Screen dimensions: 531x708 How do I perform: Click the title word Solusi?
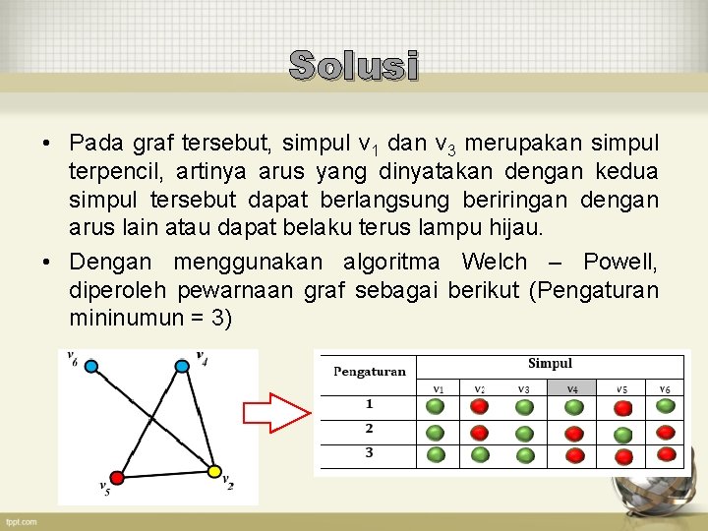354,66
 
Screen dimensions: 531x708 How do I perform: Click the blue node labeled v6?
91,367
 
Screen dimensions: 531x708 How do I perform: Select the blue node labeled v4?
182,367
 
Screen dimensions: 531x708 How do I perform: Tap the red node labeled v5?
117,477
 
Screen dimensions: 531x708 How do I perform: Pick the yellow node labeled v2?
215,472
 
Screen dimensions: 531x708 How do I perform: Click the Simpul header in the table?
550,364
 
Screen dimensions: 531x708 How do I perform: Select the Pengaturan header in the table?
369,372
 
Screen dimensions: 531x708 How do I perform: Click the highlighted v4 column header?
572,388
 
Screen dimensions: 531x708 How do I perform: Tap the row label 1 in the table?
369,404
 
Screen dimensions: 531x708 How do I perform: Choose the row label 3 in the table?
369,453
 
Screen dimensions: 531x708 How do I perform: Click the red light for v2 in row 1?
480,406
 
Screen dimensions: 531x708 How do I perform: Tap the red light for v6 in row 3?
667,454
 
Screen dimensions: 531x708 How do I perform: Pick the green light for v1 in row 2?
436,431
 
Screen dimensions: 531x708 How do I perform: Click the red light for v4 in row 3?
572,454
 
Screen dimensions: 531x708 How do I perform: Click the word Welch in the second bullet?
494,263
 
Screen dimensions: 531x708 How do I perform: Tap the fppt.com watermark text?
20,521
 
